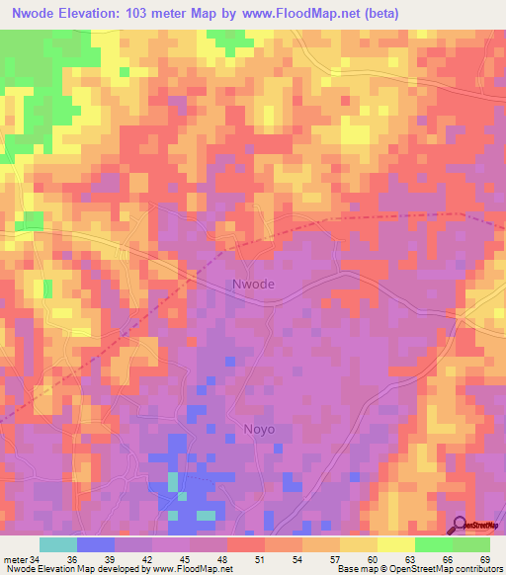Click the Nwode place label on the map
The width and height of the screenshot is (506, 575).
pos(253,285)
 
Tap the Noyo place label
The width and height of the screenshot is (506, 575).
pos(259,430)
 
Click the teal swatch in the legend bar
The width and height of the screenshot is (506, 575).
pos(58,545)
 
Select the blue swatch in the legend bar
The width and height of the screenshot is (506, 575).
pos(96,545)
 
